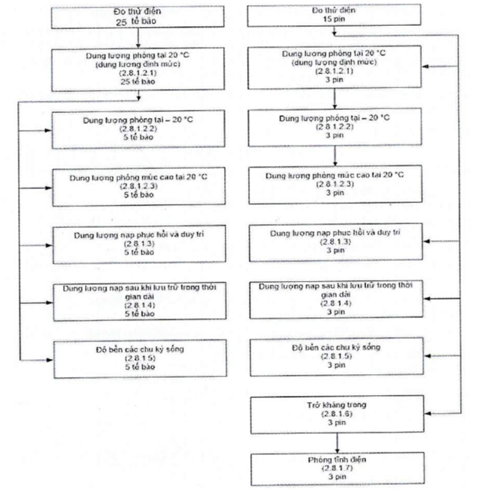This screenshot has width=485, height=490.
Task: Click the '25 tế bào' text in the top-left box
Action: [138, 21]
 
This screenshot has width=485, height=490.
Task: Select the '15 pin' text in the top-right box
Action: [334, 20]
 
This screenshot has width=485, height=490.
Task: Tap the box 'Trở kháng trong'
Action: [334, 414]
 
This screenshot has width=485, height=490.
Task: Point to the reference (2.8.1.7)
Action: [334, 469]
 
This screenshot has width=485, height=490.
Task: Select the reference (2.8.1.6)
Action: [334, 414]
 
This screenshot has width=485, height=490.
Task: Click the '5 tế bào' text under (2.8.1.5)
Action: [138, 367]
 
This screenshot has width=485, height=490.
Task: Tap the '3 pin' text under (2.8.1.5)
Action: [334, 364]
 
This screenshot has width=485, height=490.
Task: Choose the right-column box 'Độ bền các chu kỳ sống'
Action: [334, 356]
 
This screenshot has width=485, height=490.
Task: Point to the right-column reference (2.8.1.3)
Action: [334, 242]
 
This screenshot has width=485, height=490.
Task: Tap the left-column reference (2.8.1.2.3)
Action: [138, 187]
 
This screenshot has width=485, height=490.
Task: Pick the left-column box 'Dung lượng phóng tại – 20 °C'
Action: [138, 129]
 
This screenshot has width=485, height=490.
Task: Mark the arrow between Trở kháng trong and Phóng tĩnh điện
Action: [334, 443]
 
